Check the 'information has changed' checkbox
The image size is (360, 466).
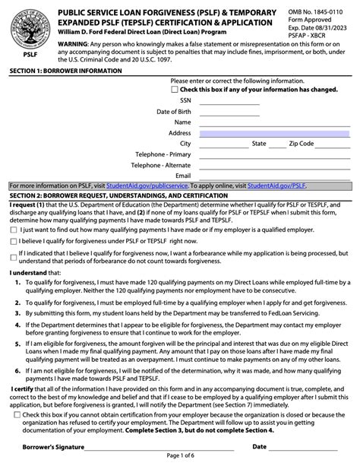coord(175,90)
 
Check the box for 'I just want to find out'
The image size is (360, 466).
coord(14,229)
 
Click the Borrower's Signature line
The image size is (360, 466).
coord(152,447)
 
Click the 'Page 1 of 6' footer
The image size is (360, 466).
coord(180,458)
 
